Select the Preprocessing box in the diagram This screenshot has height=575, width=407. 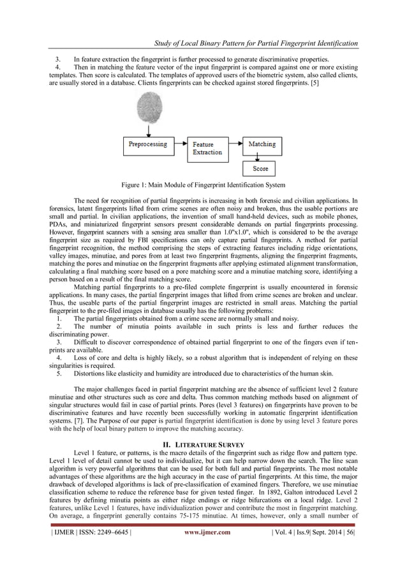coord(148,145)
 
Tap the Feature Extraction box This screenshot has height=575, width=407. coord(208,148)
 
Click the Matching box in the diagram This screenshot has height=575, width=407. coord(261,145)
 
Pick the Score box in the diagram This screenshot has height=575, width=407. coord(261,169)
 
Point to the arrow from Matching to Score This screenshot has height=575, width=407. coord(261,157)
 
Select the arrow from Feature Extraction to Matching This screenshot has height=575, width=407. coord(235,145)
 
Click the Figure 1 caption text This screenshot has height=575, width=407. coord(204,186)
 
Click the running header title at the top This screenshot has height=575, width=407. coord(256,43)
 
